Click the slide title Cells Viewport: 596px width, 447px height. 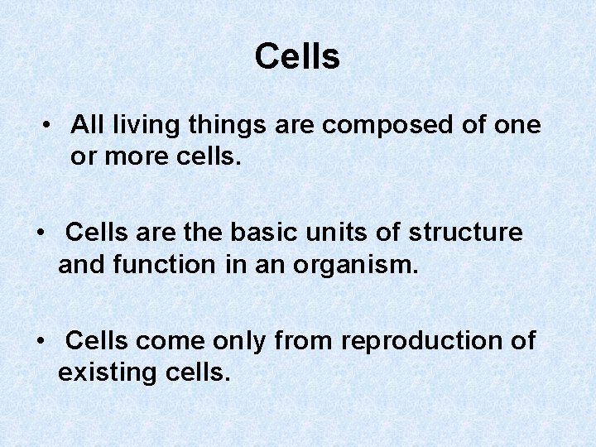point(297,57)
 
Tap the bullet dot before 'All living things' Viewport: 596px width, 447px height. point(50,125)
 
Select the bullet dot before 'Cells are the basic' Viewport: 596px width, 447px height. point(42,233)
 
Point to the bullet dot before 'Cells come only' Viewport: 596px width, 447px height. point(42,340)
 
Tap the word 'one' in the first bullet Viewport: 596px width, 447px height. point(518,126)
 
